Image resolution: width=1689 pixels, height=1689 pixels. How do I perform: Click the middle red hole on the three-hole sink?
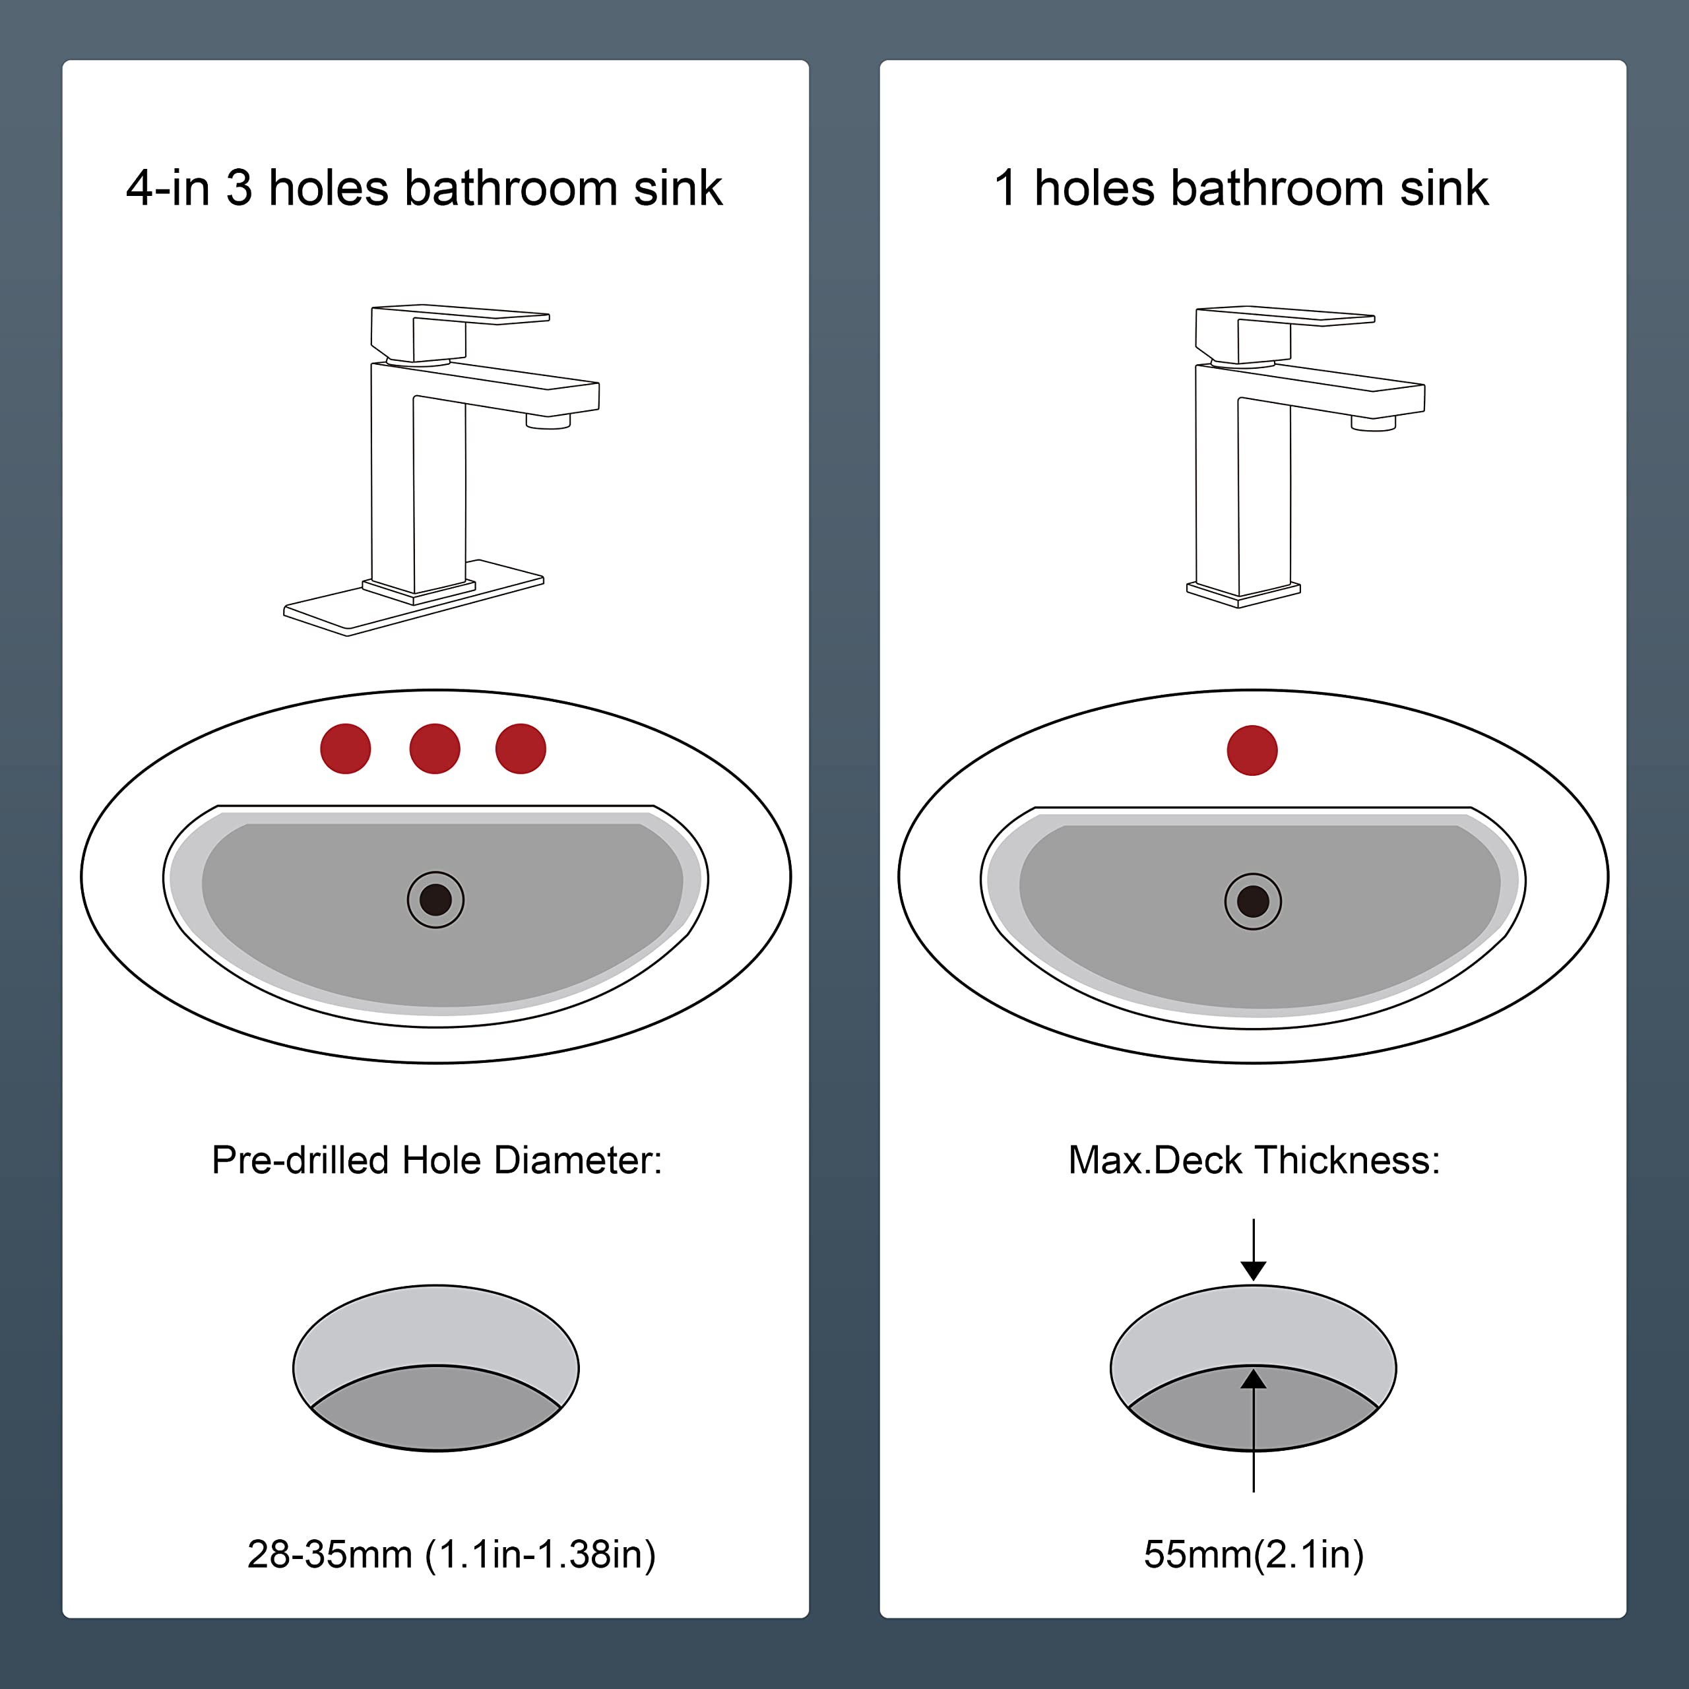coord(435,748)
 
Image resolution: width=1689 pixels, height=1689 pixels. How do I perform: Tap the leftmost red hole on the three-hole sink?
coord(345,748)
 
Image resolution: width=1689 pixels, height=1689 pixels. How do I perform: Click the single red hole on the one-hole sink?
coord(1252,750)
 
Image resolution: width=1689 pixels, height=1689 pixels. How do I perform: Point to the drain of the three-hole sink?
coord(435,899)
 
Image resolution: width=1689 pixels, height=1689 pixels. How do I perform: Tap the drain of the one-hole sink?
coord(1253,901)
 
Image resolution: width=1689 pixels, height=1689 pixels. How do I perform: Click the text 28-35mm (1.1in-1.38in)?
coord(451,1554)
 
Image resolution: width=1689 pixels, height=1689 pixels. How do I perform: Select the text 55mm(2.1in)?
coord(1254,1554)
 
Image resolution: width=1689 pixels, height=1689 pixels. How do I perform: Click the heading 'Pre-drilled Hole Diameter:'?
coord(436,1160)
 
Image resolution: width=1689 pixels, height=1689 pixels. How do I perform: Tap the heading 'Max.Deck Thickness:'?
coord(1254,1160)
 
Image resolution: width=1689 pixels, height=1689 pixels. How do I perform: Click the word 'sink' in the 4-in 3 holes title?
coord(678,188)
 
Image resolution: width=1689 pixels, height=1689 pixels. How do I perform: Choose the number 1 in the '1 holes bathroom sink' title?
coord(1005,188)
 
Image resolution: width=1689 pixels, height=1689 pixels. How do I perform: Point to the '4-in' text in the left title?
coord(168,188)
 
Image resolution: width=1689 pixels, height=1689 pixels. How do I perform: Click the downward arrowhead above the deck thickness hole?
coord(1254,1270)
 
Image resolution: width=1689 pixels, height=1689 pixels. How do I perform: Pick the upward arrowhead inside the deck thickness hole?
coord(1254,1379)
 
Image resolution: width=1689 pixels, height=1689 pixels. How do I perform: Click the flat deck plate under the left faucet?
coord(414,598)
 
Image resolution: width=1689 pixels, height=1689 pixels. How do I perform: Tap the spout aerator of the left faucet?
coord(548,422)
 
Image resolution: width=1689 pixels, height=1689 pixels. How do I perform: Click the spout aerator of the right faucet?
coord(1374,424)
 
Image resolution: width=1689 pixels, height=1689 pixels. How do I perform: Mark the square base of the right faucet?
coord(1243,594)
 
